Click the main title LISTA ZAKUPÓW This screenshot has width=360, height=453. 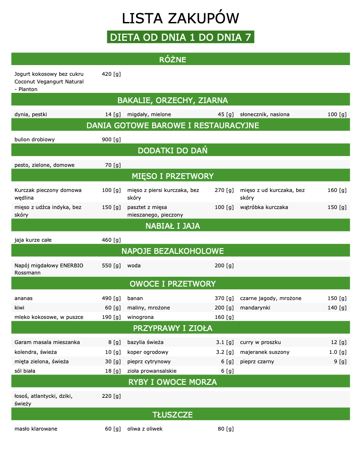coord(180,18)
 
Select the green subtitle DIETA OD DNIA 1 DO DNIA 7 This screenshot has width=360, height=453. coord(180,37)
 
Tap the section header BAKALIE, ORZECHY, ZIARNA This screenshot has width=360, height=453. coord(172,100)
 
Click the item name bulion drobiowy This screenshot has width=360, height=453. coord(35,139)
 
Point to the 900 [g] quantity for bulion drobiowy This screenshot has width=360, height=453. coord(111,139)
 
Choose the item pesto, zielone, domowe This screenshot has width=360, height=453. coord(44,165)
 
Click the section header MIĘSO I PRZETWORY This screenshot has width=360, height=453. coord(172,176)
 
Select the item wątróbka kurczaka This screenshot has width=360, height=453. coord(264,207)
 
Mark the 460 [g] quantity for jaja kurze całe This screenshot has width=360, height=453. coord(111,240)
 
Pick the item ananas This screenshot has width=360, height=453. coord(23,298)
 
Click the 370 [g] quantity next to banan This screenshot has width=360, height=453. coord(224,298)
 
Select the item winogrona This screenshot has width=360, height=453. coord(140,317)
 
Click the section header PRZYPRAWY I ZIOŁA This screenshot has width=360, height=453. coord(172,328)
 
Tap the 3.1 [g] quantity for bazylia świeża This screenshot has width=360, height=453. coord(225,342)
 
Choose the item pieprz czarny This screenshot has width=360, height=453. coord(257,362)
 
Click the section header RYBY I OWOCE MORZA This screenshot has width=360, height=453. coord(172,382)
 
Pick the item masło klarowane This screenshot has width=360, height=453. coord(36,429)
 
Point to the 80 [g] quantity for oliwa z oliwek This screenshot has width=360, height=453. coord(226,429)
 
